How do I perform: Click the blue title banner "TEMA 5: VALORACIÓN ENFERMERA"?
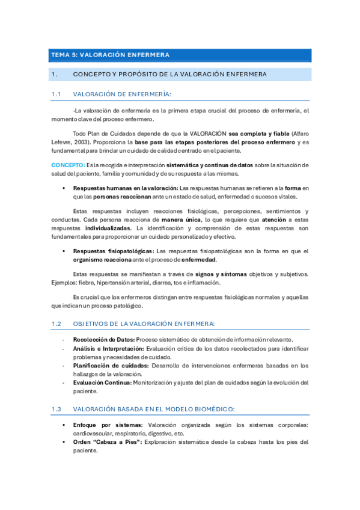coord(180,55)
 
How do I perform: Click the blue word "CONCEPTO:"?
coord(68,164)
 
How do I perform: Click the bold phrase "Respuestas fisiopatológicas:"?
coord(114,251)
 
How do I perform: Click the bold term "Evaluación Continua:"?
coord(102,382)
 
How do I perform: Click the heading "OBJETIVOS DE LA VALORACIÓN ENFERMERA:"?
coord(144,324)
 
